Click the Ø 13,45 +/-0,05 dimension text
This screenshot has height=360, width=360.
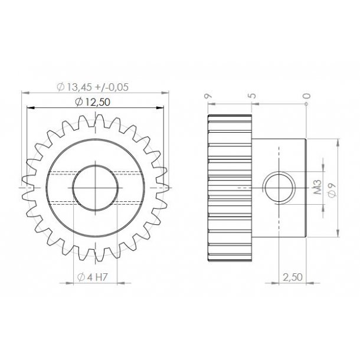pos(93,87)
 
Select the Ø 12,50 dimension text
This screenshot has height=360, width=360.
pos(94,102)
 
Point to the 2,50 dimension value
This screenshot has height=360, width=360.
pos(293,277)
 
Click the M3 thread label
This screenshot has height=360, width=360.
pos(317,188)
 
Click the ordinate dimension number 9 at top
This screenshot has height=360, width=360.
pos(207,96)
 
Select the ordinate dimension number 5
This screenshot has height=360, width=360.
pos(252,96)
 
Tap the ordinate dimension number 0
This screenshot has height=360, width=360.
pos(306,96)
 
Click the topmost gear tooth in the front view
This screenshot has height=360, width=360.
pos(94,121)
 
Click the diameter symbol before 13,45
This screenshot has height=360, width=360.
pos(60,87)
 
